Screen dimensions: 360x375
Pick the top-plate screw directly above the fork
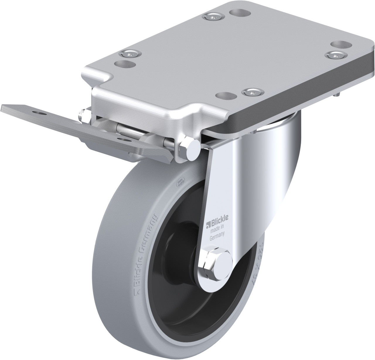click(250, 92)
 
